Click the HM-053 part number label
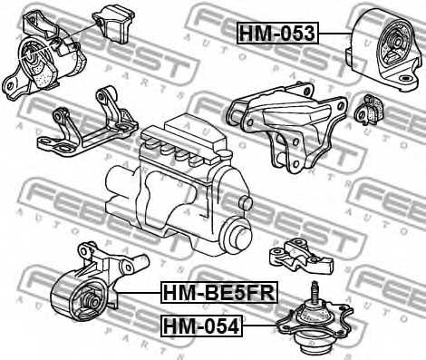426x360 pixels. click(x=276, y=34)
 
